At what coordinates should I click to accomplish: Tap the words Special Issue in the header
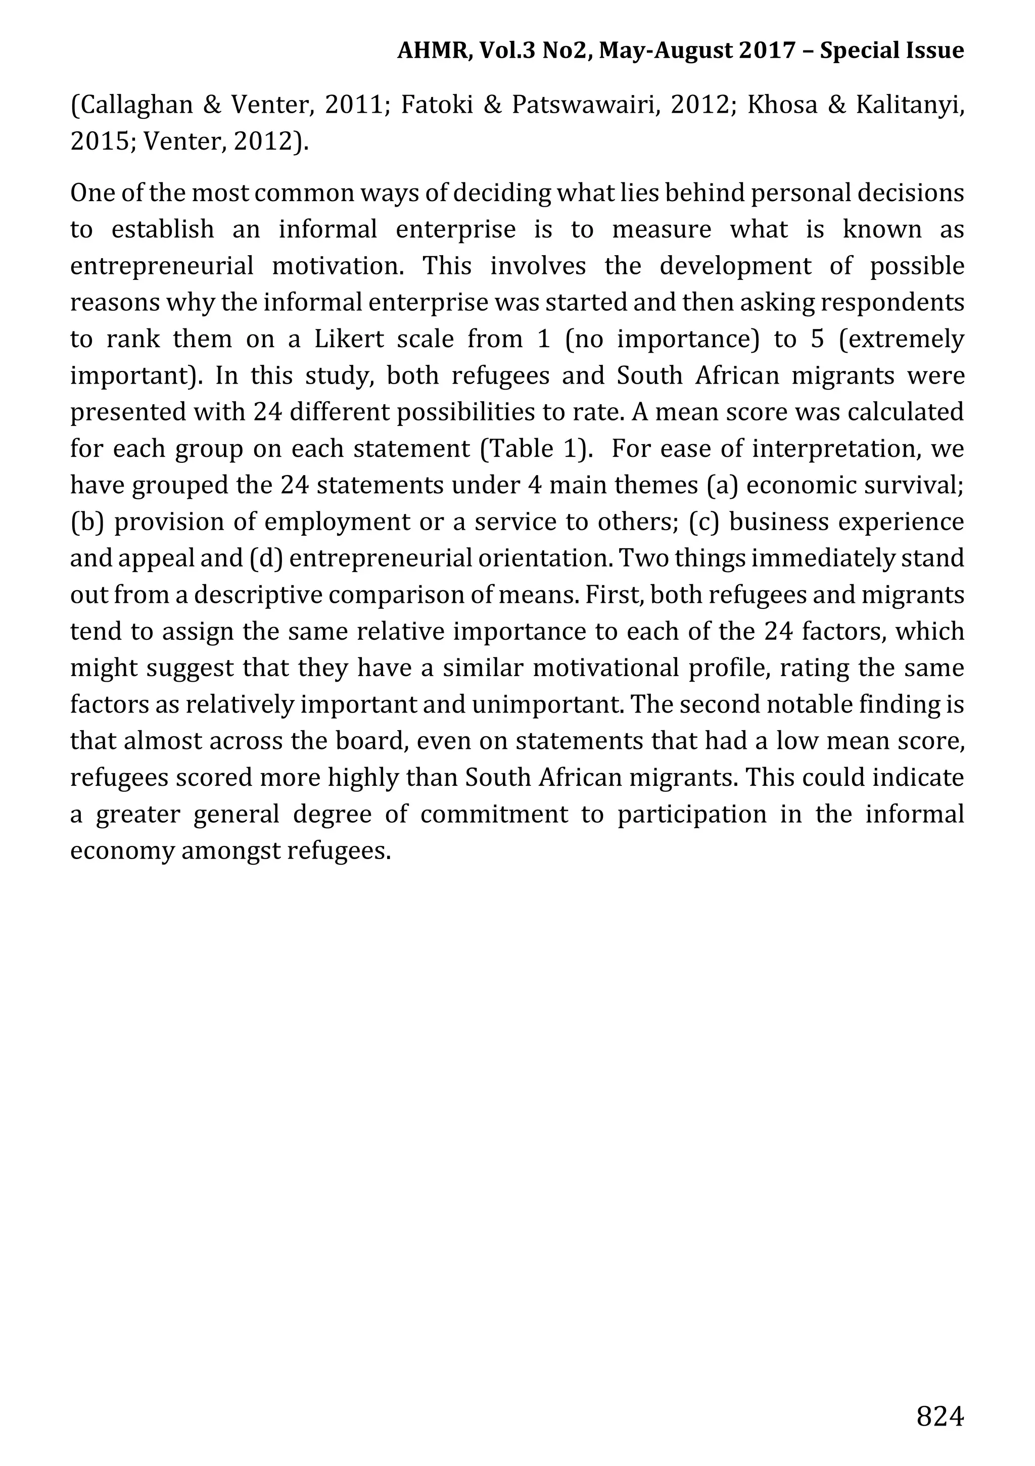pos(891,51)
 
